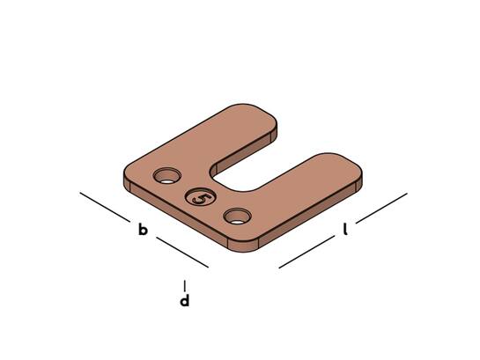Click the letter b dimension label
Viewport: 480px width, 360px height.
[x=143, y=230]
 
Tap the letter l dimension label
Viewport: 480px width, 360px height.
[x=345, y=230]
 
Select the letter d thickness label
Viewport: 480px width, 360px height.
[x=184, y=300]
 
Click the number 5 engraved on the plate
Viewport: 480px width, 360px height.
[x=201, y=198]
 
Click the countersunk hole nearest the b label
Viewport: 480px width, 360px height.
[x=167, y=175]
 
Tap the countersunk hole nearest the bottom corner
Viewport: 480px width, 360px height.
[x=238, y=216]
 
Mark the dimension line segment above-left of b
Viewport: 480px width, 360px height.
[x=105, y=207]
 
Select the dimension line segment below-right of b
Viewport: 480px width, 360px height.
[x=182, y=252]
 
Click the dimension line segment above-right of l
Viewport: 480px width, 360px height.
[x=381, y=208]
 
